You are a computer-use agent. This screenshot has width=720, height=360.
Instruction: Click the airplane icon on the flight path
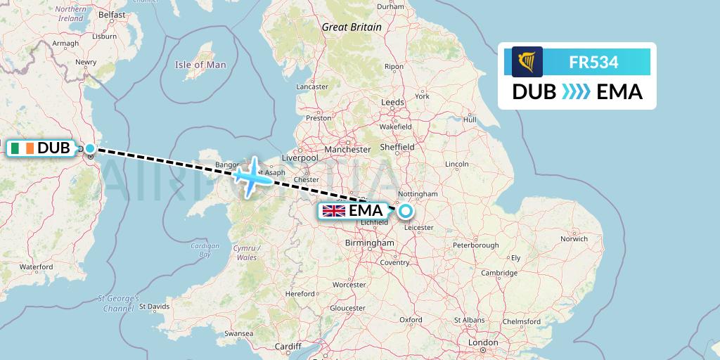click(252, 175)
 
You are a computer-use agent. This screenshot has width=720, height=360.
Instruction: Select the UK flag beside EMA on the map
click(333, 210)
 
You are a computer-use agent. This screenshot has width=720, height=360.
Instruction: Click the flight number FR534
click(593, 62)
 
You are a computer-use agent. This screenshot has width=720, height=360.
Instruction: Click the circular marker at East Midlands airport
click(405, 210)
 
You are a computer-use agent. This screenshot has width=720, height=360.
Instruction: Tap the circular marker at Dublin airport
click(89, 148)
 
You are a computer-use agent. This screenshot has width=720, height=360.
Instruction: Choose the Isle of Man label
click(200, 65)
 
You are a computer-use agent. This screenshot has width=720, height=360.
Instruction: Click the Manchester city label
click(347, 150)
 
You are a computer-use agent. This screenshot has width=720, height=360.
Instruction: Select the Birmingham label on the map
click(370, 243)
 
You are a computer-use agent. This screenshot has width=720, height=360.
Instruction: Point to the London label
click(483, 342)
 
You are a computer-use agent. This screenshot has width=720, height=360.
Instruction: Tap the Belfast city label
click(112, 14)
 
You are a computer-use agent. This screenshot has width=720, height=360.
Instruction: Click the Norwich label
click(574, 239)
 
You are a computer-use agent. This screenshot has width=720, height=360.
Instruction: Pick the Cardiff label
click(288, 347)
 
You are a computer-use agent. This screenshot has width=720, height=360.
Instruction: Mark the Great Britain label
click(352, 27)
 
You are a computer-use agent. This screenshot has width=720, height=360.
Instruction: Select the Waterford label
click(37, 267)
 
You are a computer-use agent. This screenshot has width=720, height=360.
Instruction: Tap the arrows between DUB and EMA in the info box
click(577, 91)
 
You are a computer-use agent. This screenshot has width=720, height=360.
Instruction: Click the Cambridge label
click(500, 273)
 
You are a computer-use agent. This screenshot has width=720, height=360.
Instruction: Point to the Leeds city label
click(392, 102)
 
